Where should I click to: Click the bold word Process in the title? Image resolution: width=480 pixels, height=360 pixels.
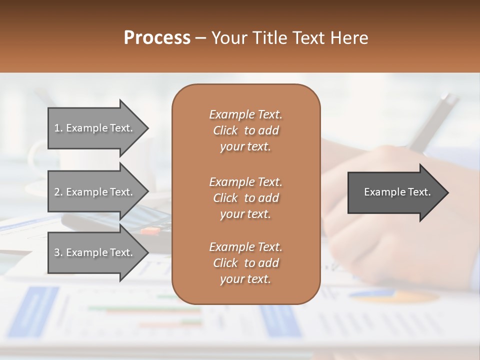pyautogui.click(x=157, y=38)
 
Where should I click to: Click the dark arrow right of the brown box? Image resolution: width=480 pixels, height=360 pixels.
pyautogui.click(x=395, y=192)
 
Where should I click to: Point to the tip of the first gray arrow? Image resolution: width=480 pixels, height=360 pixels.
pyautogui.click(x=147, y=128)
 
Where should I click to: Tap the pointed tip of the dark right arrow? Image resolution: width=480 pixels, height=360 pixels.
pyautogui.click(x=447, y=192)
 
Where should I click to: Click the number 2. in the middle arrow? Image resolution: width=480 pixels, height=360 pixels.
pyautogui.click(x=58, y=192)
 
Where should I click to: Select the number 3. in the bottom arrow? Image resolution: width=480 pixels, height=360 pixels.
pyautogui.click(x=58, y=252)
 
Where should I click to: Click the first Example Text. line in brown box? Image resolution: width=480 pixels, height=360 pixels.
pyautogui.click(x=245, y=114)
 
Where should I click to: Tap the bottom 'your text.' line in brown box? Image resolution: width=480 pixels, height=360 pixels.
pyautogui.click(x=245, y=279)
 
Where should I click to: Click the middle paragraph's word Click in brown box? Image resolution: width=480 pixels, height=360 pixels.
pyautogui.click(x=225, y=198)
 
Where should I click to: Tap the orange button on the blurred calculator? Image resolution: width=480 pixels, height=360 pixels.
pyautogui.click(x=150, y=230)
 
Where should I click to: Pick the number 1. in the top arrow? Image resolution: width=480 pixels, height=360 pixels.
pyautogui.click(x=58, y=128)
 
